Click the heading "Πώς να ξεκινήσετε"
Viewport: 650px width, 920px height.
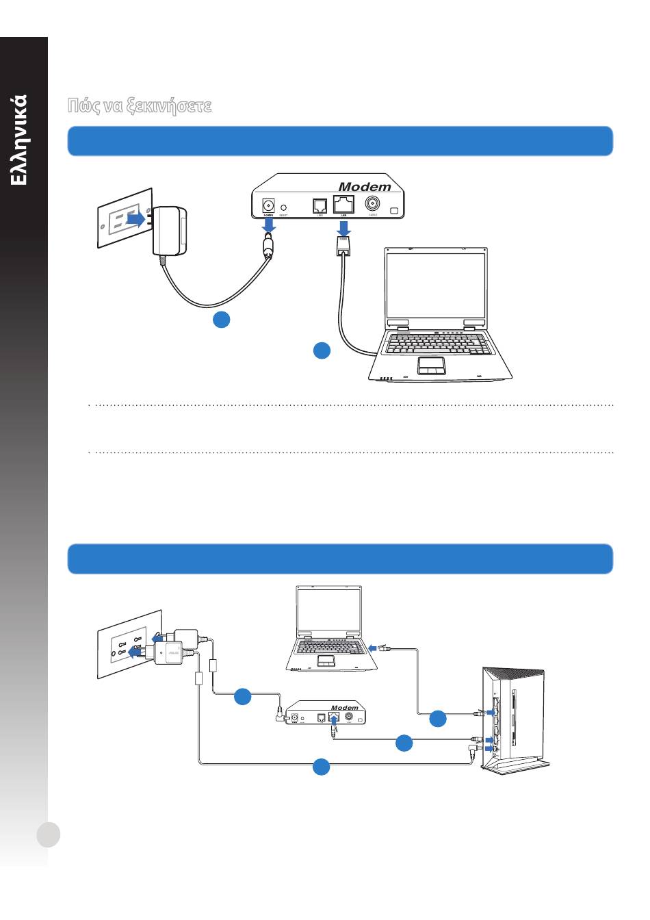click(140, 106)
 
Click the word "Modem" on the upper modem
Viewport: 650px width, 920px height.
click(365, 187)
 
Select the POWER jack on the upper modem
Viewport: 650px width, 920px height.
click(269, 205)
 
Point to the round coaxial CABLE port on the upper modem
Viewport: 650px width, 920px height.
click(373, 204)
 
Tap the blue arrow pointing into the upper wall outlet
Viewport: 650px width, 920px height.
click(136, 219)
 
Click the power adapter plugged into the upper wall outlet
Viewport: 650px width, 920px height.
click(168, 230)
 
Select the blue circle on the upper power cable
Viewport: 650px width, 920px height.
click(221, 319)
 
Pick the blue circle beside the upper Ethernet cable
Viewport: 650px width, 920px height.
click(322, 350)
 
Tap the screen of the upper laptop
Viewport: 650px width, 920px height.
click(437, 285)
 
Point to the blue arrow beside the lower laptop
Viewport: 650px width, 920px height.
click(373, 648)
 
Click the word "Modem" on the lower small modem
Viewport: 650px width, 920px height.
click(345, 707)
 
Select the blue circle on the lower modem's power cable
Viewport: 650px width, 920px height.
click(243, 697)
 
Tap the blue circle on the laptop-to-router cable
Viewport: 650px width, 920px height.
click(438, 719)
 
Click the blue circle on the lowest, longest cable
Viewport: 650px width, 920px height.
click(322, 767)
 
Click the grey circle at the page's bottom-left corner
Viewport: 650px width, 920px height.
click(49, 834)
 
